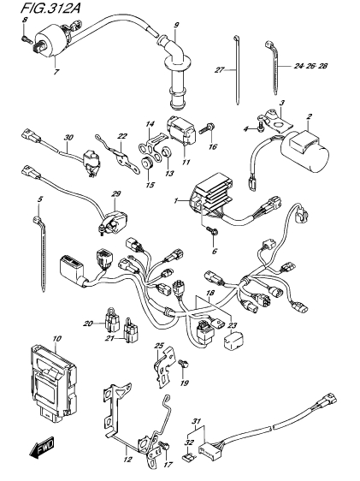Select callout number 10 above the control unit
coord(56,339)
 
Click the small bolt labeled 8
coord(26,39)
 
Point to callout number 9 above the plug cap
coord(176,26)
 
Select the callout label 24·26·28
coord(310,66)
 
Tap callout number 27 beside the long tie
coord(219,70)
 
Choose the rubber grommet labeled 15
coord(147,163)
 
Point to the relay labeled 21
coord(131,331)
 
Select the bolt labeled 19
coord(183,364)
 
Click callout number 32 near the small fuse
coord(189,442)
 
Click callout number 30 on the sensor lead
coord(68,138)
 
